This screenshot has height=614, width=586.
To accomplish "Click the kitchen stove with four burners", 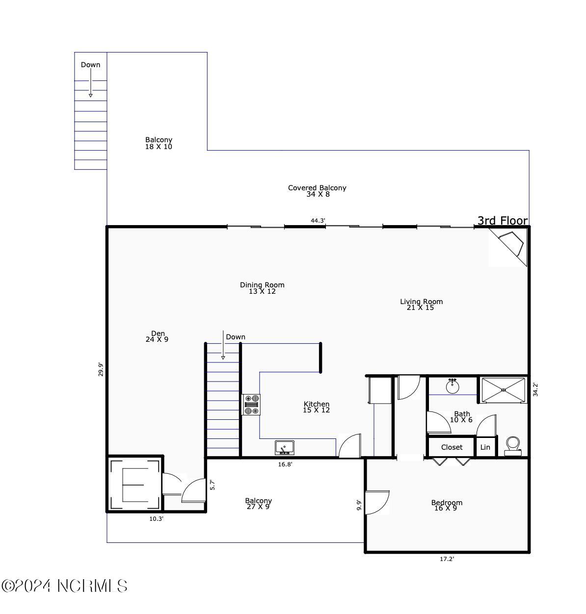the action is pos(251,405).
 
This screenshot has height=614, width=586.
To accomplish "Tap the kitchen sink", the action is pos(284,448).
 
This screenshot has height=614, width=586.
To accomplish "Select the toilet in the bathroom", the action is pos(513,447).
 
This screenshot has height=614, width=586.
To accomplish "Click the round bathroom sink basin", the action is pos(452,387).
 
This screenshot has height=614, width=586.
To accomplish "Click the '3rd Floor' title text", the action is pos(503,221).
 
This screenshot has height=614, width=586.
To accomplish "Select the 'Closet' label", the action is pos(452,447).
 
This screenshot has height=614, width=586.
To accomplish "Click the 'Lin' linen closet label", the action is pos(485,447).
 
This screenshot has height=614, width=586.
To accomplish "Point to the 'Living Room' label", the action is pos(421,302).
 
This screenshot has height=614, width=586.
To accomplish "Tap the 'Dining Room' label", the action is pos(262,285).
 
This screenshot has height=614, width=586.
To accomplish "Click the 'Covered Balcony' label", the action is pos(317,188).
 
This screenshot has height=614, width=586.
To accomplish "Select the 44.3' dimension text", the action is pos(318,221).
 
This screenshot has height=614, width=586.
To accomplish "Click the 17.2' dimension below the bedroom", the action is pos(447,559).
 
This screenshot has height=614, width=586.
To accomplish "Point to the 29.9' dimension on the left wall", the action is pos(101,369).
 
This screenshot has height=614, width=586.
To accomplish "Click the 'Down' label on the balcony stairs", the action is pos(90,65).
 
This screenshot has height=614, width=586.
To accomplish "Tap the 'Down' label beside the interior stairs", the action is pos(236,337).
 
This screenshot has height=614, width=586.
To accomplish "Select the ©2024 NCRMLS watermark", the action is pos(64,586).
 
